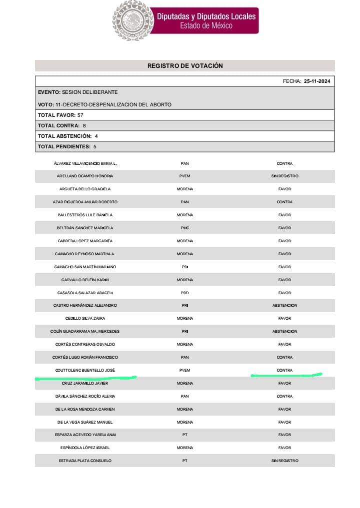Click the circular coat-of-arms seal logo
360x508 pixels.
(x=132, y=20)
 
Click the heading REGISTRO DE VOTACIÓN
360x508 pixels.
(x=185, y=66)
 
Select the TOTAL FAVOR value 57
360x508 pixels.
(x=80, y=115)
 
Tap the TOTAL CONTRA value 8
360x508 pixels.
(x=84, y=125)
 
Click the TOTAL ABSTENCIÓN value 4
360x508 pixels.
(x=96, y=136)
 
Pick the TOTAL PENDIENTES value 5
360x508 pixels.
(x=95, y=146)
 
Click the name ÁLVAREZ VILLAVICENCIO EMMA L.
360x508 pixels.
(x=85, y=163)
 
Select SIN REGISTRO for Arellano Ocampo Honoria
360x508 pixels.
(x=284, y=176)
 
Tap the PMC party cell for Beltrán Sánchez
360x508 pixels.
(x=185, y=228)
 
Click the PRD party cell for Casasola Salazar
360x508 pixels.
(x=185, y=293)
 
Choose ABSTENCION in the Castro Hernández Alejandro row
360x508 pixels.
(x=284, y=305)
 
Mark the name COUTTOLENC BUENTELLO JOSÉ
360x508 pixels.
(x=85, y=370)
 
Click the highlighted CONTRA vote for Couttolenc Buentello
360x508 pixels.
(x=284, y=370)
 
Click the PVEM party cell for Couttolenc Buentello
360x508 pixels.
(x=185, y=370)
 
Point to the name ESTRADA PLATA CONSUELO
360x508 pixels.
(x=85, y=461)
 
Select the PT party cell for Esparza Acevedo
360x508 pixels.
(x=185, y=435)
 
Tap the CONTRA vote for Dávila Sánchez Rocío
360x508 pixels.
(x=284, y=396)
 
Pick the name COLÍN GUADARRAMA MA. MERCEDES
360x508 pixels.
(x=85, y=331)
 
